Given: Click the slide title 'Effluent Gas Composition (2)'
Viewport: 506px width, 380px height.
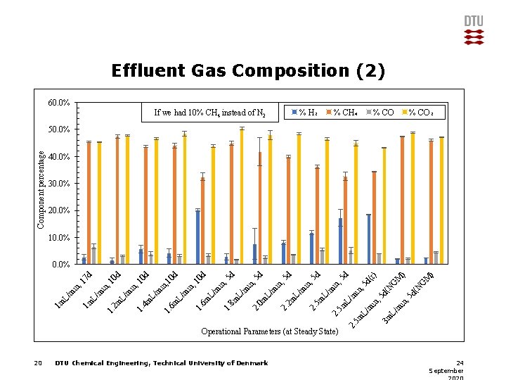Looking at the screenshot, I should click(x=248, y=71).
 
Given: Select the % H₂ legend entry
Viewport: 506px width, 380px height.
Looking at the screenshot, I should click(x=305, y=112).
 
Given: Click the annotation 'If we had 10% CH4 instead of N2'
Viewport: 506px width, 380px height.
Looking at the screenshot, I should click(x=209, y=113).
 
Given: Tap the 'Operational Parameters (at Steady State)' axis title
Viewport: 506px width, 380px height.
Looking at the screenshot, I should click(x=269, y=331).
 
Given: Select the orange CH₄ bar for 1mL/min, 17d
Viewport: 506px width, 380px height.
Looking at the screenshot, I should click(x=89, y=203).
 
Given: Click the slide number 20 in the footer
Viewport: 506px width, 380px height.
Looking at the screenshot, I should click(x=38, y=363).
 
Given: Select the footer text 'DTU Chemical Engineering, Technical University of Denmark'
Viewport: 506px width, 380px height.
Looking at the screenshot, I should click(x=161, y=363).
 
